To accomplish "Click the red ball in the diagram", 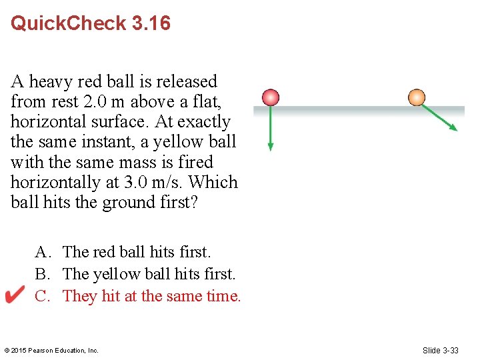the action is coord(270,97).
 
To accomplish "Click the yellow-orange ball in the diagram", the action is coord(417,97).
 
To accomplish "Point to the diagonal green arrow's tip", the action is coord(455,129).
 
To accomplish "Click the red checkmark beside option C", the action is coord(15,295).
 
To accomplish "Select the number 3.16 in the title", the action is coord(151,23).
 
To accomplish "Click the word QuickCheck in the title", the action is coord(69,23).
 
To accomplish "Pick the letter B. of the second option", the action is coord(43,274).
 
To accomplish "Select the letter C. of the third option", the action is coord(43,296).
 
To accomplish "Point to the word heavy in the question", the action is coord(51,82).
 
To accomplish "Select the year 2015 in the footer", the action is coord(19,351).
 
